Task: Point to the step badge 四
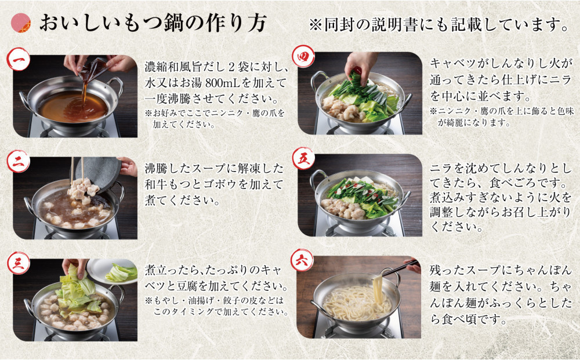tap(304, 57)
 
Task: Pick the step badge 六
tap(303, 260)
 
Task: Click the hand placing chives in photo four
tap(360, 64)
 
